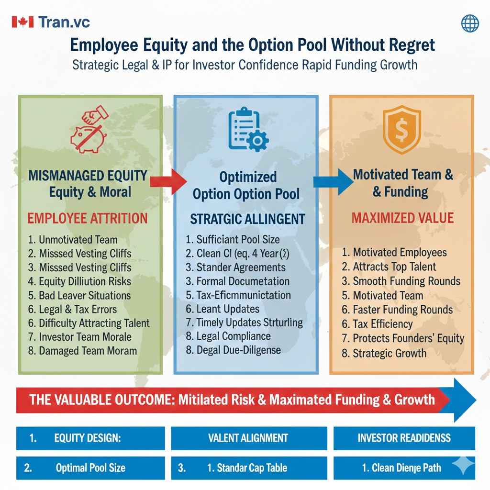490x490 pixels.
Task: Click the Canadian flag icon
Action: point(22,22)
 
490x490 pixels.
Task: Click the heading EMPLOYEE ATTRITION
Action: point(87,219)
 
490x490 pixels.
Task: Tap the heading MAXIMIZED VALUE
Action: point(402,218)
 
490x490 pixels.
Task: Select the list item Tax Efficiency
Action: point(382,324)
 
